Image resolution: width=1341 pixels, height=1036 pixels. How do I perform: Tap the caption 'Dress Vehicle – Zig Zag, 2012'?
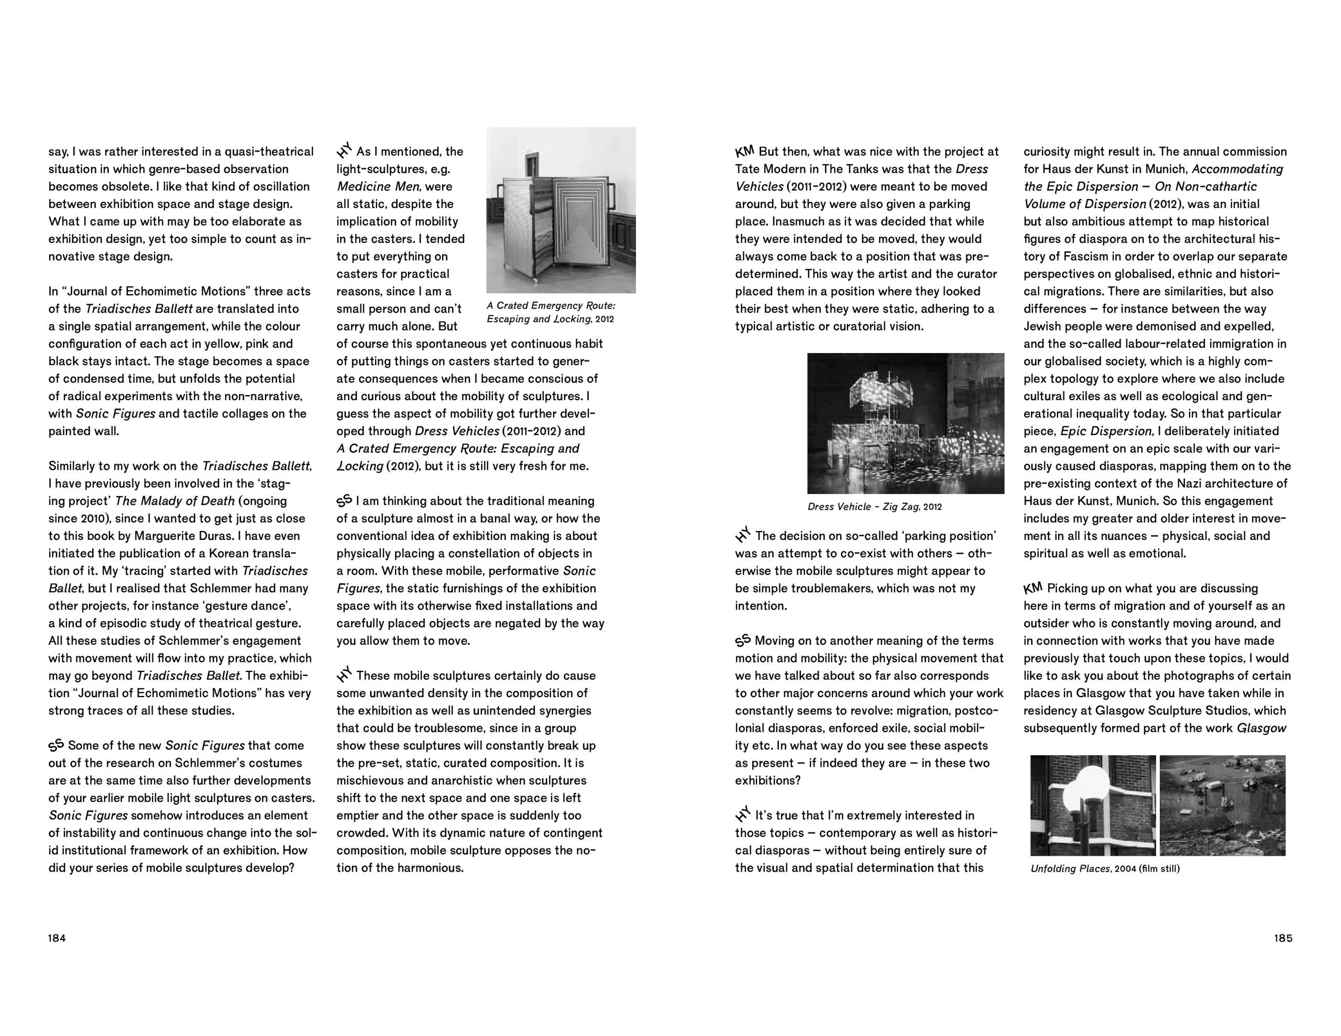(x=874, y=506)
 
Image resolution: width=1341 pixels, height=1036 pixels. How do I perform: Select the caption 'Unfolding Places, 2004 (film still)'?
(x=1105, y=868)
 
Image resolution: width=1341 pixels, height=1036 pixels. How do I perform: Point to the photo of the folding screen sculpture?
(x=560, y=210)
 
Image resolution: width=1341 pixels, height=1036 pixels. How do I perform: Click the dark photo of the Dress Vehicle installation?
(x=906, y=423)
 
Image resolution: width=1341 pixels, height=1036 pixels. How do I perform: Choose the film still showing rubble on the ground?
(x=1222, y=805)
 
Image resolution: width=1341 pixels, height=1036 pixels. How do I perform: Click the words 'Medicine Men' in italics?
(x=377, y=186)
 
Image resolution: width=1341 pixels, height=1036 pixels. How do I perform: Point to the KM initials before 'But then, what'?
(x=745, y=151)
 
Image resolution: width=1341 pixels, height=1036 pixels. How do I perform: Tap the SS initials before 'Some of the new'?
(x=57, y=745)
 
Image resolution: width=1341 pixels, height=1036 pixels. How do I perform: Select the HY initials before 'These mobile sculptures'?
(x=345, y=676)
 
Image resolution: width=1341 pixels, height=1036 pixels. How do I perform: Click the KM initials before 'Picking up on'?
(x=1034, y=588)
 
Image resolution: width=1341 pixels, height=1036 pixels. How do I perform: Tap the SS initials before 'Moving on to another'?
(x=743, y=641)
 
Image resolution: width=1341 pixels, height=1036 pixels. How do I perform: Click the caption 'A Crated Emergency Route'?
(x=551, y=306)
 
